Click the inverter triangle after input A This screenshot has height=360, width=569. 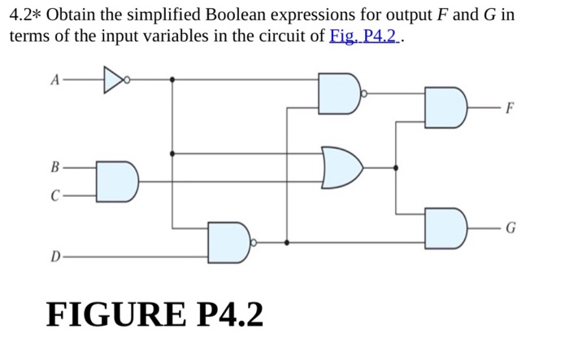tap(113, 80)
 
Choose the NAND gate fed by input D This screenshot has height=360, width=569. tap(229, 242)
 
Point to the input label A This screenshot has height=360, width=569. tap(54, 80)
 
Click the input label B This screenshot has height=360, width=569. tap(55, 168)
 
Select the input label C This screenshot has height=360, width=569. tap(55, 195)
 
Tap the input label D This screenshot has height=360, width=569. tap(55, 258)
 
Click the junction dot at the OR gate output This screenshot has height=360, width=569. tap(396, 167)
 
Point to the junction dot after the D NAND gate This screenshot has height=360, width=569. tap(287, 242)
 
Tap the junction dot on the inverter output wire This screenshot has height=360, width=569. tap(172, 80)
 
